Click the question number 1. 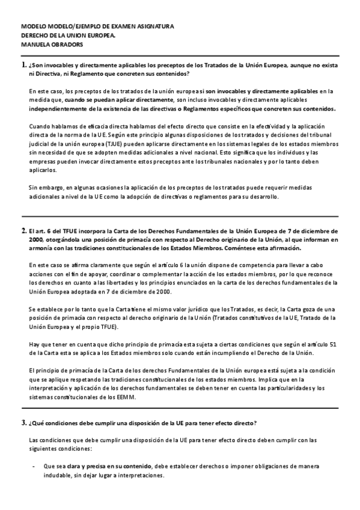(x=23, y=64)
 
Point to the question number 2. (x=23, y=230)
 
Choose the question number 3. (x=23, y=424)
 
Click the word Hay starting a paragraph (x=34, y=343)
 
